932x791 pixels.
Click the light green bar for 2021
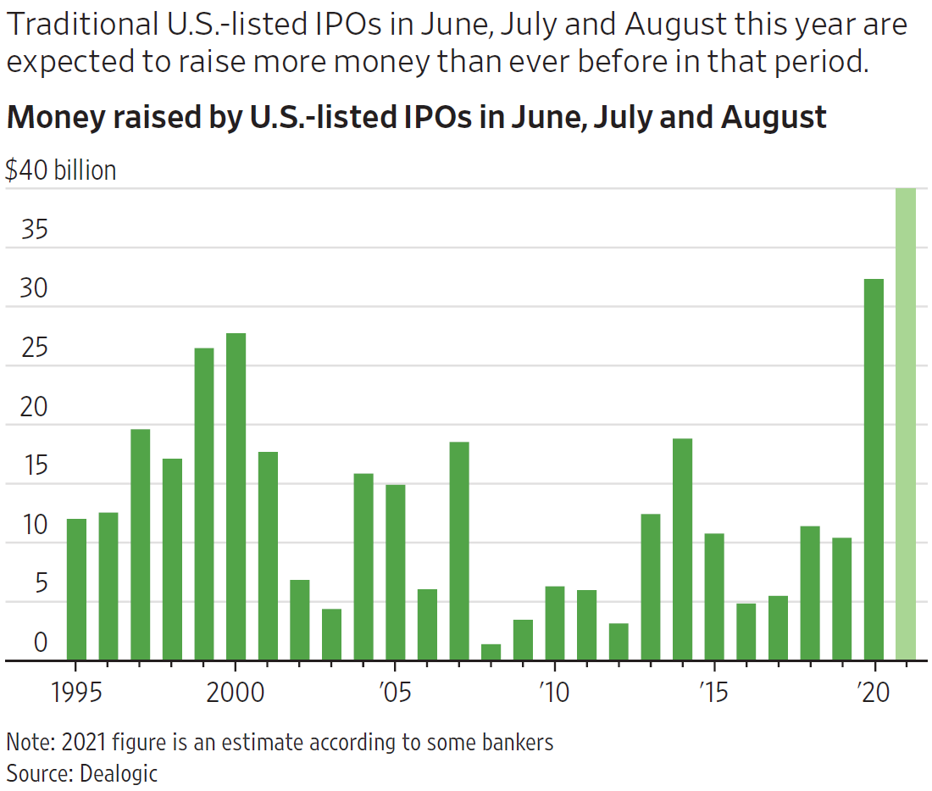pyautogui.click(x=906, y=424)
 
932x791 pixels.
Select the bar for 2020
pyautogui.click(x=874, y=470)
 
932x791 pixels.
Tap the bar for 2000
pyautogui.click(x=236, y=497)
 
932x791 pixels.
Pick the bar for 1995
pyautogui.click(x=76, y=589)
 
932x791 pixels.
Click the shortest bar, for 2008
pyautogui.click(x=491, y=652)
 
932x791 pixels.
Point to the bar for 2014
pyautogui.click(x=682, y=549)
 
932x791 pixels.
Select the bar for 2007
pyautogui.click(x=459, y=551)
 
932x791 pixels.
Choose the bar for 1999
pyautogui.click(x=204, y=504)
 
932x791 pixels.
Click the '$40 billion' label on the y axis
pyautogui.click(x=60, y=170)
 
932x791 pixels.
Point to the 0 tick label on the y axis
pyautogui.click(x=41, y=643)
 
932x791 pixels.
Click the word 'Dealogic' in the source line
pyautogui.click(x=119, y=772)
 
